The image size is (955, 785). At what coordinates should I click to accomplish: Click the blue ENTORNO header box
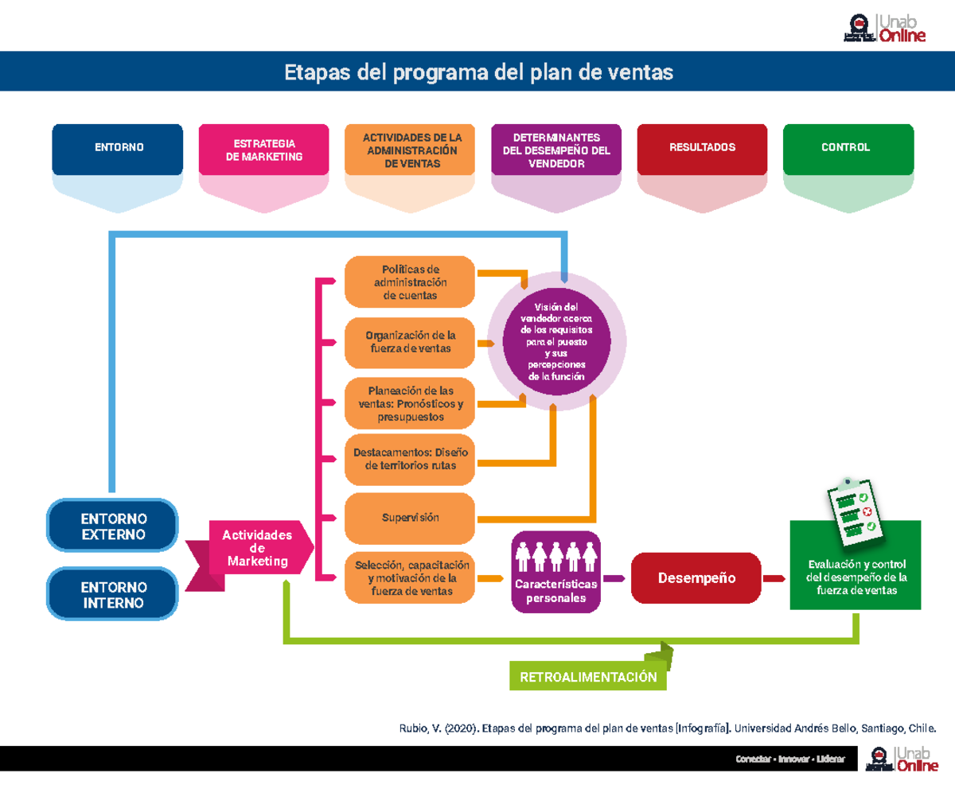[118, 148]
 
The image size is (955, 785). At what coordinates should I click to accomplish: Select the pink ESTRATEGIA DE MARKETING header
[263, 149]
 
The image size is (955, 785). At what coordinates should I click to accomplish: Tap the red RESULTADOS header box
[702, 148]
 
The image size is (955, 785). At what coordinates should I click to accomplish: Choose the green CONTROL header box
[848, 148]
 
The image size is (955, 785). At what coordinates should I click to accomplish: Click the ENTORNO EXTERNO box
[112, 526]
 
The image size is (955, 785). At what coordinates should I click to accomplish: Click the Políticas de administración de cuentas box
[410, 282]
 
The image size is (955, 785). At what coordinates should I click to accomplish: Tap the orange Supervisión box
[410, 518]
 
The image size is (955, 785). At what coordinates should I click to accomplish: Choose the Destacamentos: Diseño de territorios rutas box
[410, 459]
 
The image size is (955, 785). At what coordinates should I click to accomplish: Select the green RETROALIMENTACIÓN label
[588, 677]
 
